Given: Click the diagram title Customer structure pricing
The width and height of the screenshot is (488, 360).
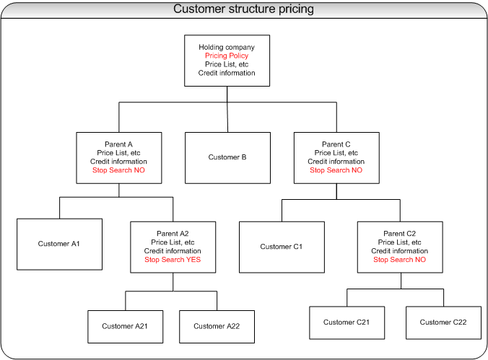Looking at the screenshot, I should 243,9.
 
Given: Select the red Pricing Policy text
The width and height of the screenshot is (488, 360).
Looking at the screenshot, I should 227,56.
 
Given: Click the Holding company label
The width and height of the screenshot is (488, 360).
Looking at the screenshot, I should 227,48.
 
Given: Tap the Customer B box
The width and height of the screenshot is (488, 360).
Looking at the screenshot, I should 227,157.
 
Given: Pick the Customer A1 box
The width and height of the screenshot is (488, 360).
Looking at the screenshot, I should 59,244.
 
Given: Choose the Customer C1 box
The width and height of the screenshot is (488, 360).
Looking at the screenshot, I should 282,247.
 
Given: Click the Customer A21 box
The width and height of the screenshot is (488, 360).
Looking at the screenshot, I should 125,326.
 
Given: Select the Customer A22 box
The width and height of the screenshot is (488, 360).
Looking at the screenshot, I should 217,326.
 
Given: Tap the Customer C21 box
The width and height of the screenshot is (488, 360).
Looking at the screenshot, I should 347,322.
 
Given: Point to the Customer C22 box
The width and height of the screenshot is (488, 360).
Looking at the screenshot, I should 443,322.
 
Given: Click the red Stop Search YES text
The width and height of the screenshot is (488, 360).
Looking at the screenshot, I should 173,260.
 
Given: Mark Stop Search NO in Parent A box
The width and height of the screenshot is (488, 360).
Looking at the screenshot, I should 119,170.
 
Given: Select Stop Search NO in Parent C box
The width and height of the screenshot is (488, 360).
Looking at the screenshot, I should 336,170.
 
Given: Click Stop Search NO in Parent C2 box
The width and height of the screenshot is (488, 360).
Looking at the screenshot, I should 399,260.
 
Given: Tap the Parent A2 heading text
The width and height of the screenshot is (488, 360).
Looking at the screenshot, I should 173,234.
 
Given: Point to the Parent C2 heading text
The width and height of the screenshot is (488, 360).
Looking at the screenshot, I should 399,234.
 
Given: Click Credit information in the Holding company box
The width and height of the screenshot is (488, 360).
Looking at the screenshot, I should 227,73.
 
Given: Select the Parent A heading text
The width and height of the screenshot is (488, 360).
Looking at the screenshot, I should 119,144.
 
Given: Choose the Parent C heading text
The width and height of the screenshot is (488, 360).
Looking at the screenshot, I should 336,144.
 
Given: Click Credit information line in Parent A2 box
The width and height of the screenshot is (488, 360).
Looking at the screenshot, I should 173,251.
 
